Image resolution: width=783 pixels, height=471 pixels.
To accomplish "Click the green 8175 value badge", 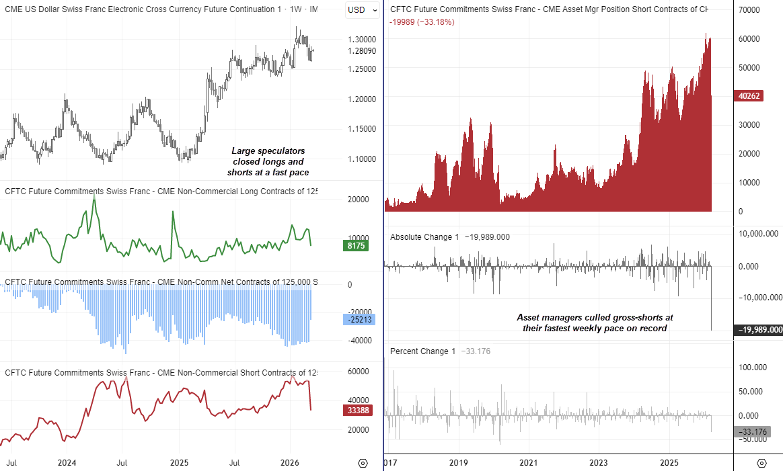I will pos(357,247).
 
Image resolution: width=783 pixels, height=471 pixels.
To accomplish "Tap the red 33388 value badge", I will pos(357,411).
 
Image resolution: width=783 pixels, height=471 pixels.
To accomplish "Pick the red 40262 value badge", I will pos(749,96).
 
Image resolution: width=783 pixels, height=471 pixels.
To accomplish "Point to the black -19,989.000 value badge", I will pos(758,330).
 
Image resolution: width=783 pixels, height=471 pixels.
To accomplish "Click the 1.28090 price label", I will pos(361,51).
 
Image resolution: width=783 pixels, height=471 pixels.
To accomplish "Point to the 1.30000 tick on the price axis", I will pos(361,40).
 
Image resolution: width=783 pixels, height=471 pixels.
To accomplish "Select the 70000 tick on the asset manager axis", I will pos(749,11).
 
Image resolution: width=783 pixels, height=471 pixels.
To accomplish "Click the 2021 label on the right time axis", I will pos(528,463).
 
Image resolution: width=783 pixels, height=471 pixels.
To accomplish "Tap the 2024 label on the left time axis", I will pos(67,463).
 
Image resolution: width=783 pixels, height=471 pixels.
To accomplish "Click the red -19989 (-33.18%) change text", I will pos(422,22).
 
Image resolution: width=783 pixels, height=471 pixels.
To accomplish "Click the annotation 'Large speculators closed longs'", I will pos(268,162).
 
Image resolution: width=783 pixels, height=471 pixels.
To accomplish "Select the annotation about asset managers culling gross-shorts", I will pos(595,323).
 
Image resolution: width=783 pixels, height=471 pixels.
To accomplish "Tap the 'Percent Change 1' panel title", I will pos(423,351).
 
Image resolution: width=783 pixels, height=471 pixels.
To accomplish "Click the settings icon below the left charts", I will pos(363,463).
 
